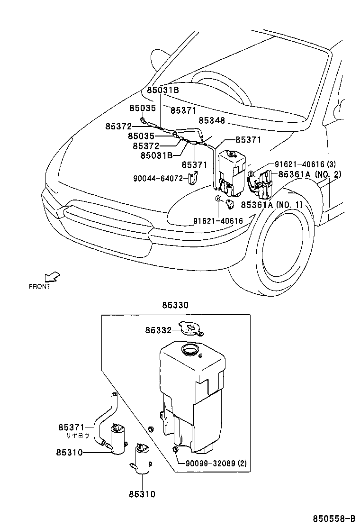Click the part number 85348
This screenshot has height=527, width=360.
[212, 121]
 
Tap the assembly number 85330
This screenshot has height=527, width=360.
[175, 306]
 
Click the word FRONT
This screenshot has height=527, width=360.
[39, 286]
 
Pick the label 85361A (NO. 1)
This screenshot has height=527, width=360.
[272, 205]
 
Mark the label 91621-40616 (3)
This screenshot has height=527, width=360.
[305, 164]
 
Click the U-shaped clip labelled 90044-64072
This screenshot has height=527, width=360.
[192, 179]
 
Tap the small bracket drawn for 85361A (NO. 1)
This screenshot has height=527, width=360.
[230, 204]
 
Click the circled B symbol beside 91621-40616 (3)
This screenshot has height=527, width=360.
[251, 173]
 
